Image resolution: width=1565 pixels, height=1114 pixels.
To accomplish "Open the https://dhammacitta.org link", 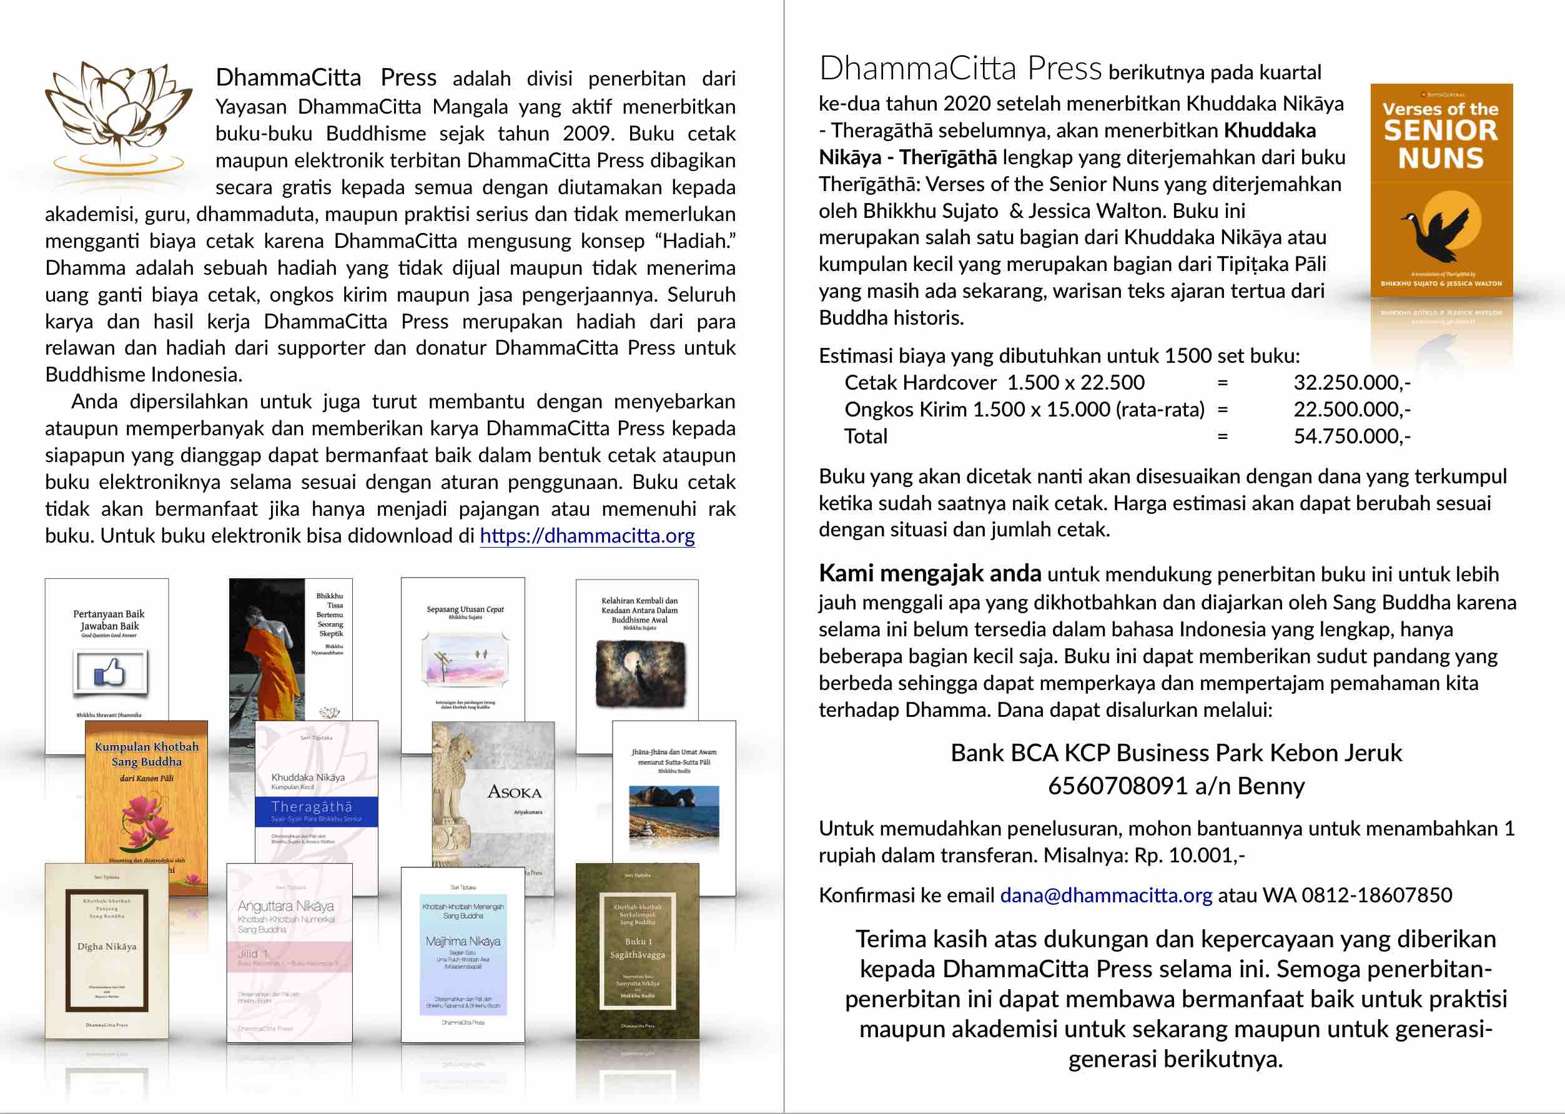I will coord(587,536).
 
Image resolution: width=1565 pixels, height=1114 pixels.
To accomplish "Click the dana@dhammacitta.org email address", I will coord(1106,895).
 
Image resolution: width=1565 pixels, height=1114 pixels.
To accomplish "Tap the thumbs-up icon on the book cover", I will coord(110,671).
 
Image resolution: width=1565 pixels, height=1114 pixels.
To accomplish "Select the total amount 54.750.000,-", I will coord(1351,436).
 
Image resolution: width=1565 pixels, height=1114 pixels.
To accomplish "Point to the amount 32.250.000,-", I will coord(1351,383).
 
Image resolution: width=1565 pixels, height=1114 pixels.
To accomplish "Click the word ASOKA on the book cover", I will coord(515,793).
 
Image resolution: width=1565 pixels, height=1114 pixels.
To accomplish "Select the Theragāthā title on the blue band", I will coord(312,807).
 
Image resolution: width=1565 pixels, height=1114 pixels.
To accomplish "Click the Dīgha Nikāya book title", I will coord(107,947).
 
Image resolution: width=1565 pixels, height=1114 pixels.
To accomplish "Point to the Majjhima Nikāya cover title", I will coord(463,942).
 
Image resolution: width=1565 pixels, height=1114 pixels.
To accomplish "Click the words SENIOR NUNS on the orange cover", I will coord(1441,144).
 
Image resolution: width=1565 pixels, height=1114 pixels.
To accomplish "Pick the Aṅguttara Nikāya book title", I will coord(286,906).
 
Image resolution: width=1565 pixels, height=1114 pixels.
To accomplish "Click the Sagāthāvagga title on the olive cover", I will coord(638,954).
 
